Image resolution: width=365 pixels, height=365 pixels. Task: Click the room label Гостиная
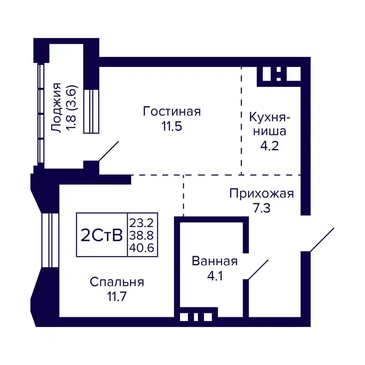pos(172,111)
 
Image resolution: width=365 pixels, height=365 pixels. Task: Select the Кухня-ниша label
pos(267,125)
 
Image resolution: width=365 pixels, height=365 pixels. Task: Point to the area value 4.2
pos(268,147)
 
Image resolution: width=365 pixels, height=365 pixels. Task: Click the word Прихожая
pos(261,193)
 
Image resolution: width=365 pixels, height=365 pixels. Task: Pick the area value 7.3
pos(261,209)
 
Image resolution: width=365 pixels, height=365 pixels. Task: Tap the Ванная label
pos(214,261)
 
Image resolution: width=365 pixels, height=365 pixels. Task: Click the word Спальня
pos(117,282)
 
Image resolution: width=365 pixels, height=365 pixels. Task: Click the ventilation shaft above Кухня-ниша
pos(278,74)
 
